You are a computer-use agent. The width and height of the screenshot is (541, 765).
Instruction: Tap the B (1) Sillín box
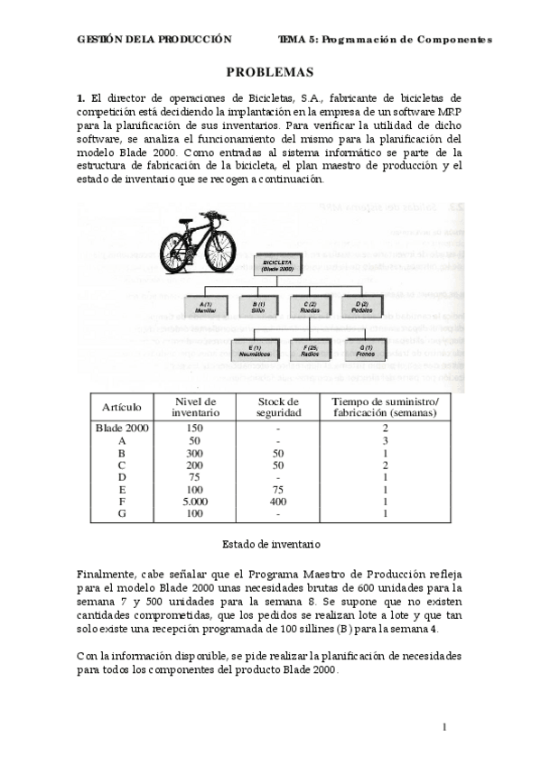(x=259, y=306)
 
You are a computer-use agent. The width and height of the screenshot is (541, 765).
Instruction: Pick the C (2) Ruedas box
(x=312, y=306)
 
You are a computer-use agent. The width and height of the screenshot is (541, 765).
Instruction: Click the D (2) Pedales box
(x=362, y=306)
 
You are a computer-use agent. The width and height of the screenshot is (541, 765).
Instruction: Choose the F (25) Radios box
(x=312, y=350)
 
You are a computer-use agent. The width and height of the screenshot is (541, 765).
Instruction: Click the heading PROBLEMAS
(x=269, y=72)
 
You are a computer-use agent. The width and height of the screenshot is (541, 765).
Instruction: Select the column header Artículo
(x=121, y=407)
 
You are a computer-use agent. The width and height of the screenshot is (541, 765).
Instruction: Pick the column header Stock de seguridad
(x=277, y=407)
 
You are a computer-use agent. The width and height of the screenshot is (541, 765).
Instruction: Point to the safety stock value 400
(x=278, y=501)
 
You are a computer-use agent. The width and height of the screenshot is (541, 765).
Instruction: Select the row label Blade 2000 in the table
(x=121, y=428)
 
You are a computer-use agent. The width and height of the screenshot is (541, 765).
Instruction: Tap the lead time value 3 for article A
(x=385, y=440)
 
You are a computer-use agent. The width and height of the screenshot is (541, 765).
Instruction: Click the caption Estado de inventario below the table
(x=271, y=544)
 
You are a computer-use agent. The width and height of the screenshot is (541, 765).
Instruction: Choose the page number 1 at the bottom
(x=444, y=727)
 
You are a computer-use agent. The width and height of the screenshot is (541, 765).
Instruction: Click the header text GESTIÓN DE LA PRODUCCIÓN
(x=154, y=40)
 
